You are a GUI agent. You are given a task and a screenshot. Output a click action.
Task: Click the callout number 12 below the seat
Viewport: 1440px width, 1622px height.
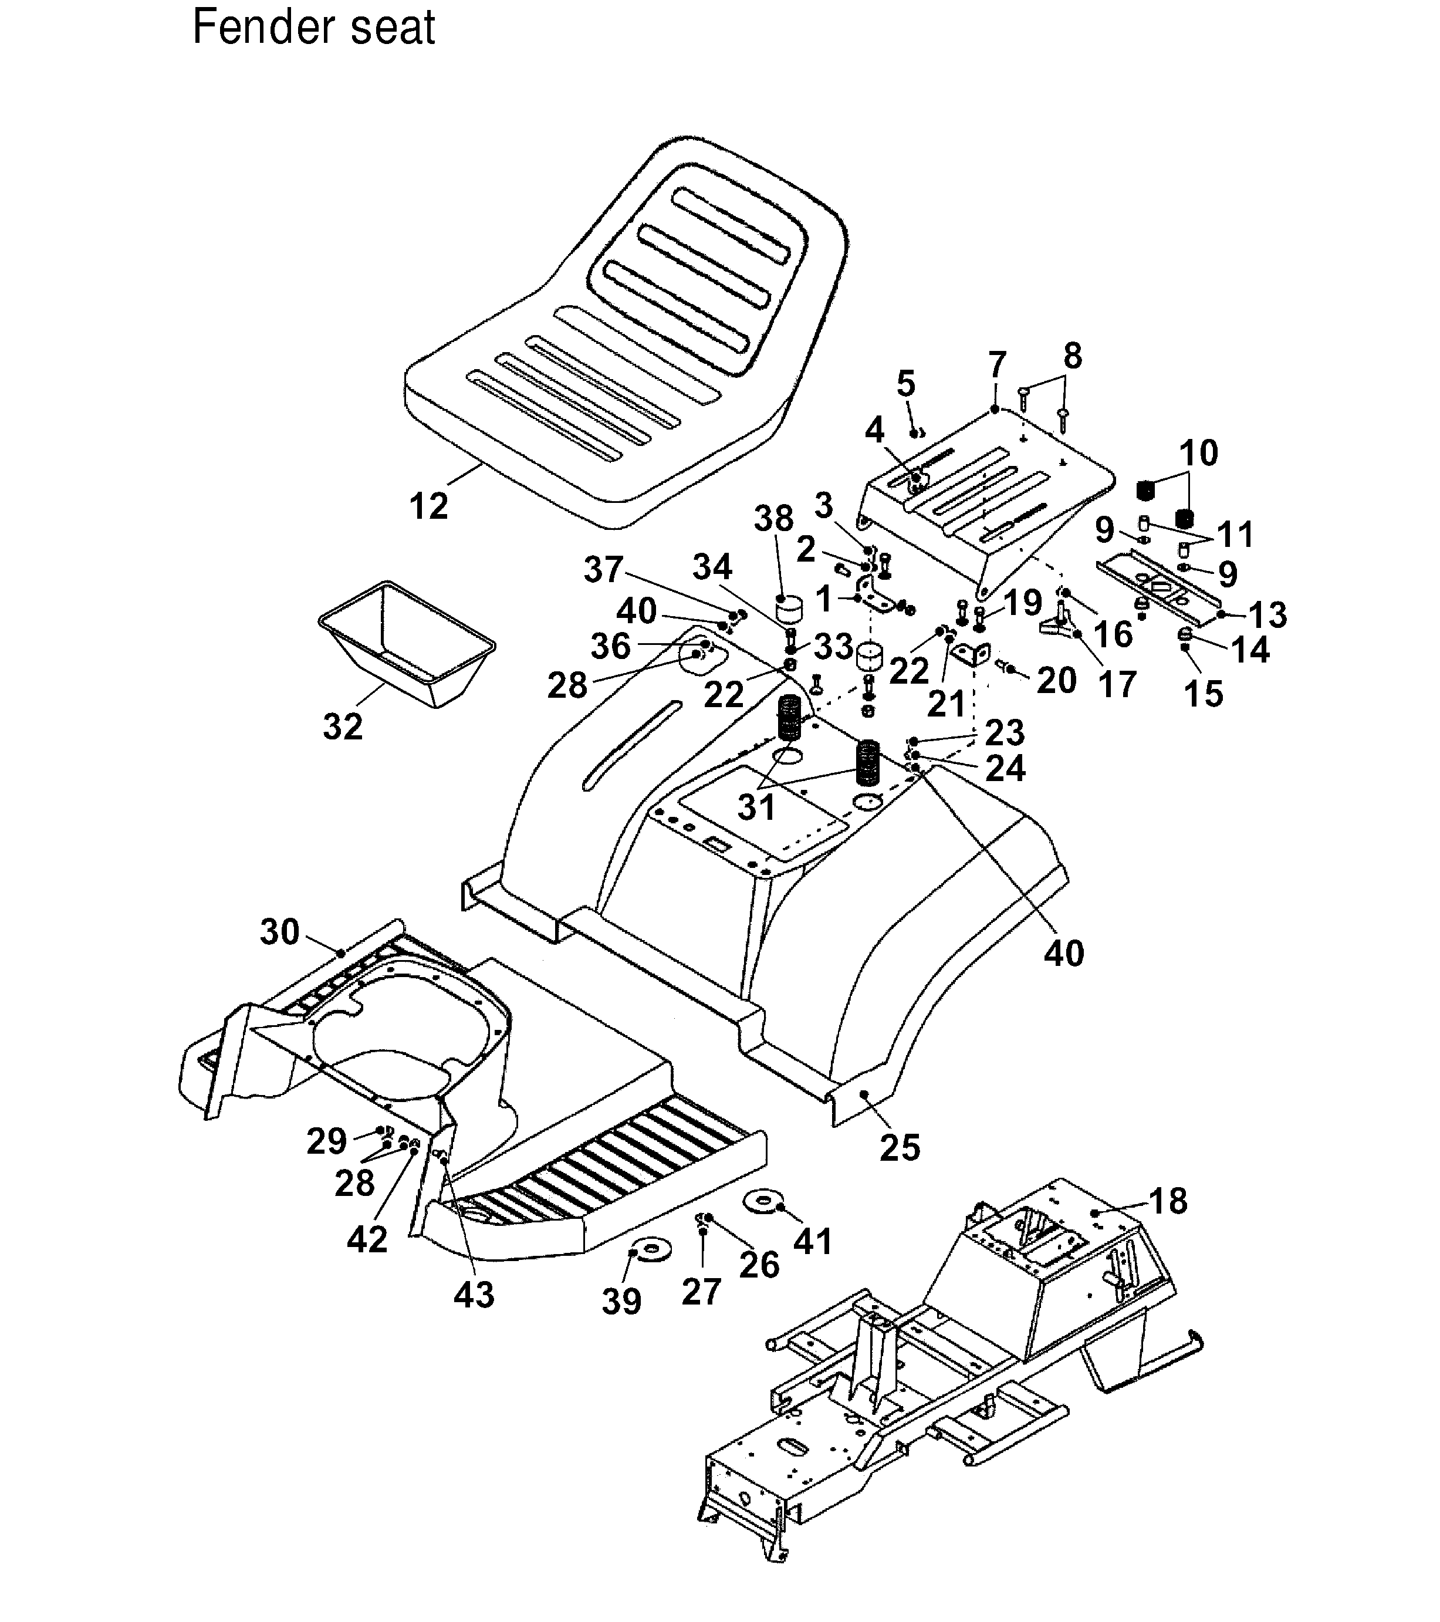[428, 505]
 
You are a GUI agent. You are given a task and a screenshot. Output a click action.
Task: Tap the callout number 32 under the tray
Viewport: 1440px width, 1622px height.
[343, 725]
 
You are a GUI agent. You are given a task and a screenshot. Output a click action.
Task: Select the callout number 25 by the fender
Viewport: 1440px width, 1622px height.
[900, 1147]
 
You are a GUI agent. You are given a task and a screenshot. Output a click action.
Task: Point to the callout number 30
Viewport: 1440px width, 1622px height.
[279, 932]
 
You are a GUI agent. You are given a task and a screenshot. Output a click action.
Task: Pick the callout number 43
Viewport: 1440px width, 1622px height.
[474, 1293]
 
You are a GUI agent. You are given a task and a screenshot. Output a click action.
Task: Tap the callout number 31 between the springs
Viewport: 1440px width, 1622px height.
[756, 807]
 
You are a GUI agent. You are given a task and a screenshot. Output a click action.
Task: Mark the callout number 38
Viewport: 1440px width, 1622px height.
[773, 519]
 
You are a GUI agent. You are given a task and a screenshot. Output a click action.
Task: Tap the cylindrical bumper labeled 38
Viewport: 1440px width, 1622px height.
[789, 613]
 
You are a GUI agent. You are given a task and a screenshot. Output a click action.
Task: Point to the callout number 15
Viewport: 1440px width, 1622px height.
[1204, 694]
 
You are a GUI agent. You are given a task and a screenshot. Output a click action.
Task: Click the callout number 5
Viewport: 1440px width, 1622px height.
[905, 383]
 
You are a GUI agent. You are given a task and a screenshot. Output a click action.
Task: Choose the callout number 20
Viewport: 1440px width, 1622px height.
[1056, 680]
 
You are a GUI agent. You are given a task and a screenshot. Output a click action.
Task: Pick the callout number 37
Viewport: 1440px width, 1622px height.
[604, 569]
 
